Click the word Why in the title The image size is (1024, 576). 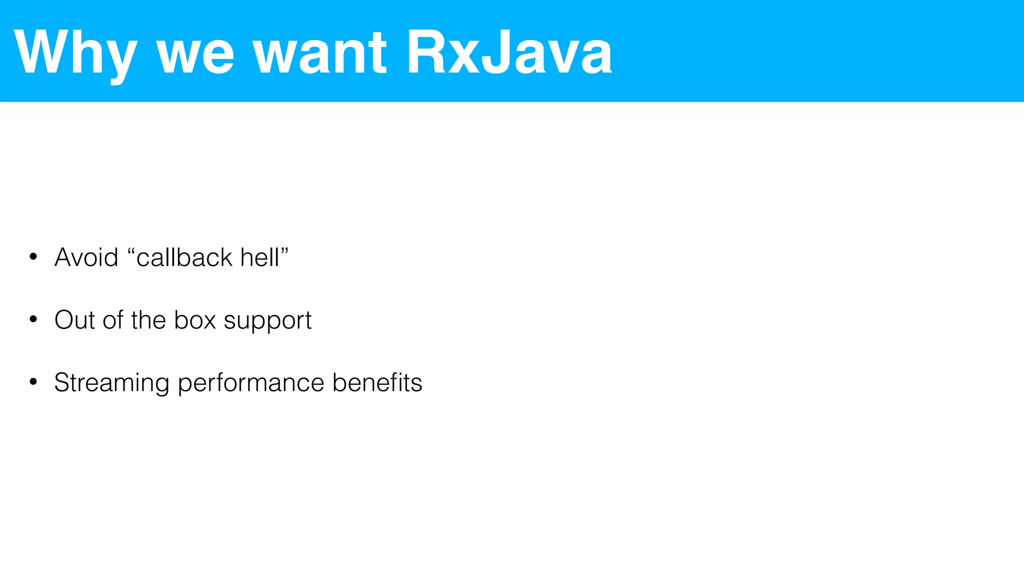(75, 52)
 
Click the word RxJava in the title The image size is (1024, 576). (509, 52)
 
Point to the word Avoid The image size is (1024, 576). (86, 257)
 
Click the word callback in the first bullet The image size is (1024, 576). (184, 257)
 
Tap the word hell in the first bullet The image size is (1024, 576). (259, 257)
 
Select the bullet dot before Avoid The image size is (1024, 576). (33, 257)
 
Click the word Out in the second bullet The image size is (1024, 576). (74, 320)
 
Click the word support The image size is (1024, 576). (267, 321)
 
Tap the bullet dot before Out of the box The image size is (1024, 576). (33, 319)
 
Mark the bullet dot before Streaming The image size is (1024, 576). (33, 382)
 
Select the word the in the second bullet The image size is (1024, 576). (148, 320)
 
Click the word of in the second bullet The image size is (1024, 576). (113, 320)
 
